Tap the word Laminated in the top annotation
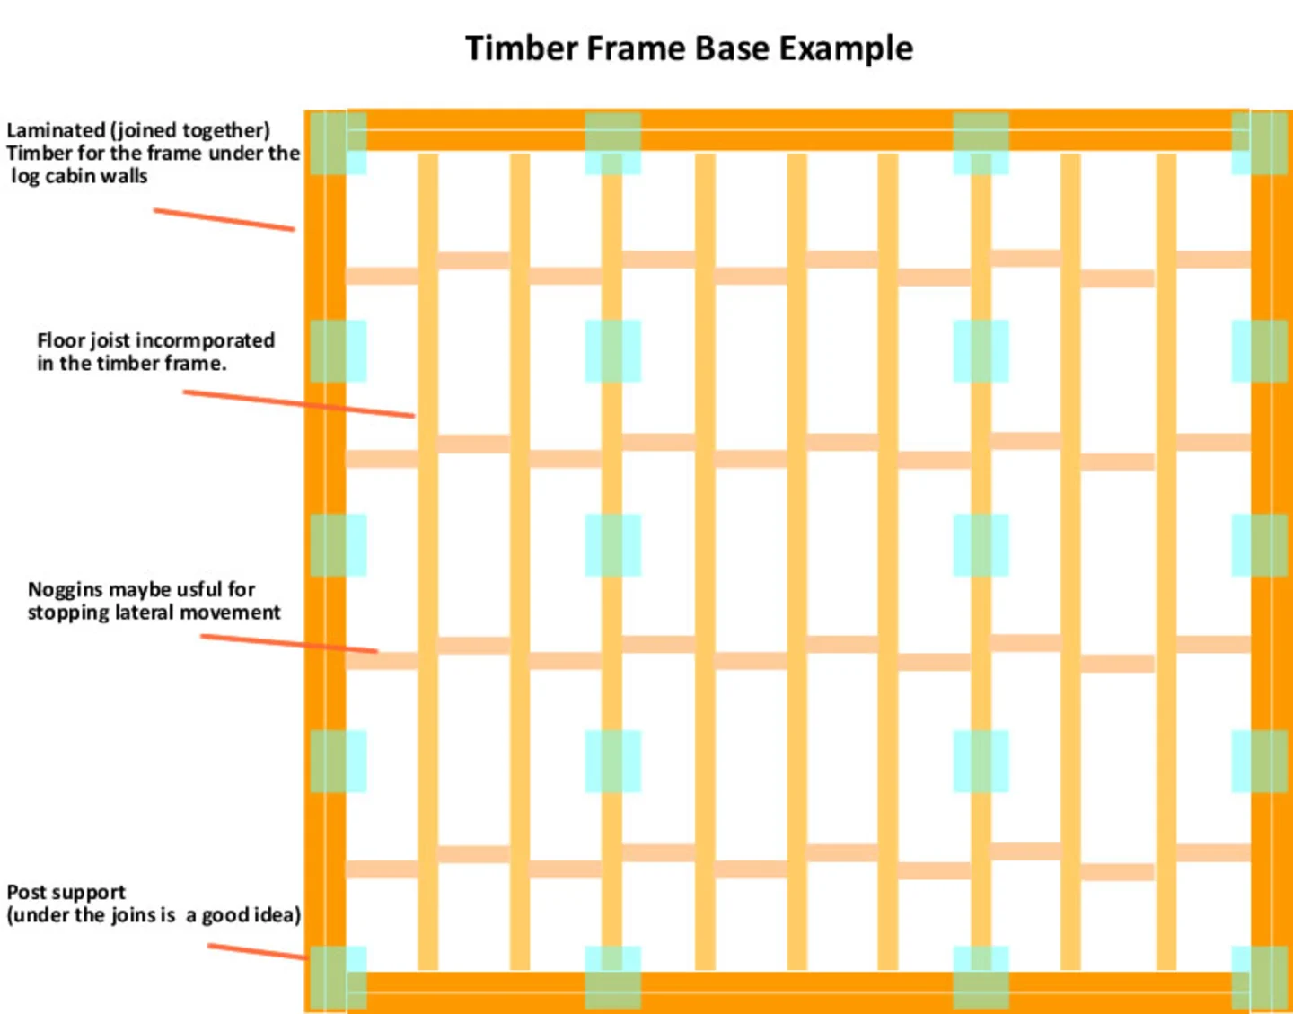(x=55, y=130)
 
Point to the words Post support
(x=66, y=892)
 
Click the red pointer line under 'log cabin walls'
(x=224, y=220)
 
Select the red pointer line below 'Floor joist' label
(x=298, y=404)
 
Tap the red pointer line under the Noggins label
(x=288, y=643)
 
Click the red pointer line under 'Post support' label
(x=257, y=951)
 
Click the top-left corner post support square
(x=339, y=143)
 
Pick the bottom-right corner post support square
(x=1259, y=977)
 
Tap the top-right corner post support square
(x=1259, y=143)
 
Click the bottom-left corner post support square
(x=339, y=977)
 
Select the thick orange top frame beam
(x=790, y=130)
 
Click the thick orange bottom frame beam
(x=790, y=992)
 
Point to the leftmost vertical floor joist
(x=428, y=557)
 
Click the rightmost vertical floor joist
(x=1166, y=557)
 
